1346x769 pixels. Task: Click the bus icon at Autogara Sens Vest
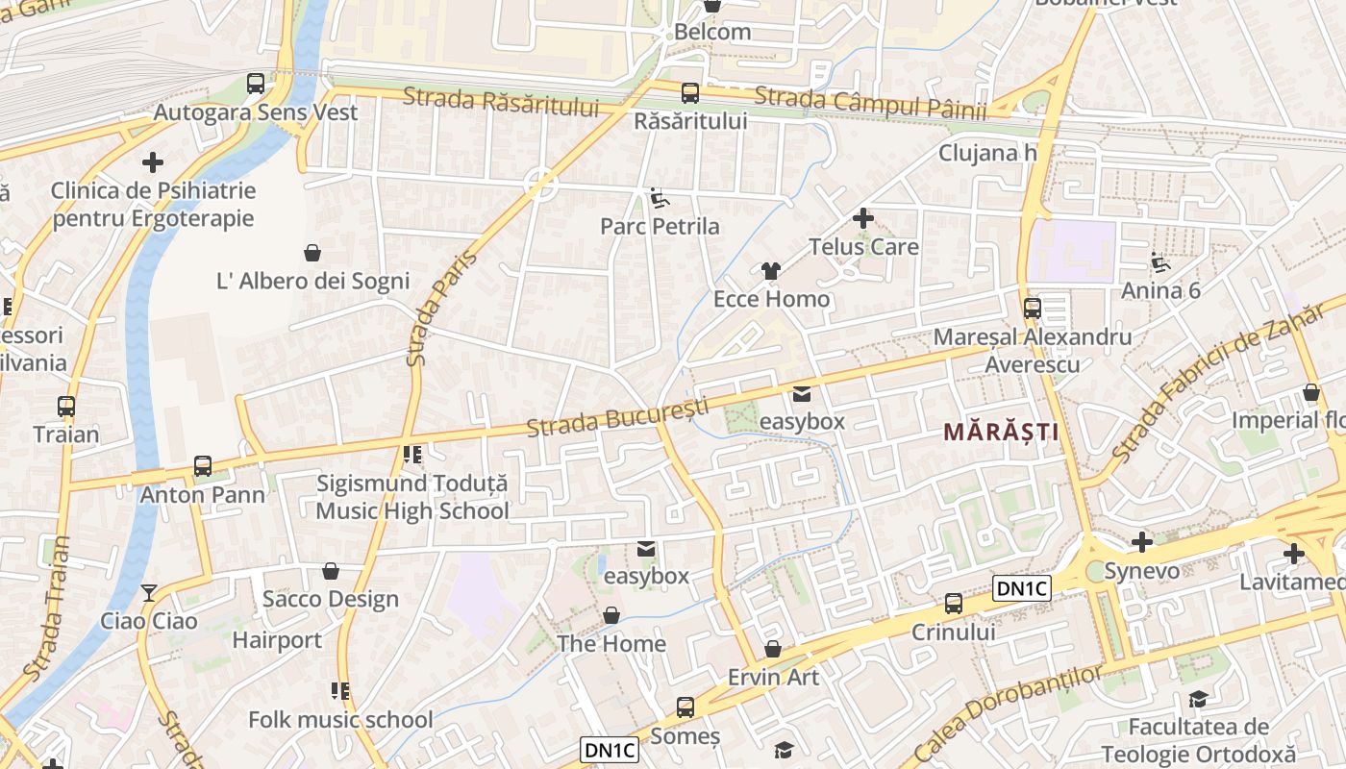255,84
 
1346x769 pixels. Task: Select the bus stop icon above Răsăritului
689,93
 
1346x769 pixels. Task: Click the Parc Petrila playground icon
660,198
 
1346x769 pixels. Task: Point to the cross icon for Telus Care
862,218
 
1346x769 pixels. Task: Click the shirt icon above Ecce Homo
770,271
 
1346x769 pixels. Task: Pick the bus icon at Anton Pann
202,466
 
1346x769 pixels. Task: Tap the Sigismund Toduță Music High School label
412,497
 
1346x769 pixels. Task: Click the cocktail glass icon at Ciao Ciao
148,592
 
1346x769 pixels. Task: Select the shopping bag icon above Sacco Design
330,571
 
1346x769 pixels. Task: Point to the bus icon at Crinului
953,604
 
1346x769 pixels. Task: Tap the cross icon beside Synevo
1141,543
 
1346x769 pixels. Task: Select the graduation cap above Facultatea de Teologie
1198,699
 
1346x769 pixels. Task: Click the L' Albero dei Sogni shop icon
312,253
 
